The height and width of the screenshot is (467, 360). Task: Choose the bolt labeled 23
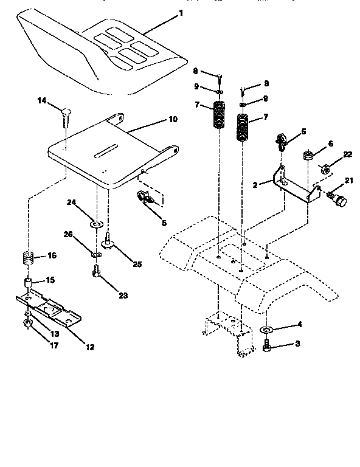[x=97, y=273]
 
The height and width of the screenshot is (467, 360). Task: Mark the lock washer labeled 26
[x=96, y=253]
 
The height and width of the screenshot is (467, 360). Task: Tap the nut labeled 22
[x=325, y=168]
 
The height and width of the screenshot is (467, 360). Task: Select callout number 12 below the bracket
[x=89, y=347]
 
